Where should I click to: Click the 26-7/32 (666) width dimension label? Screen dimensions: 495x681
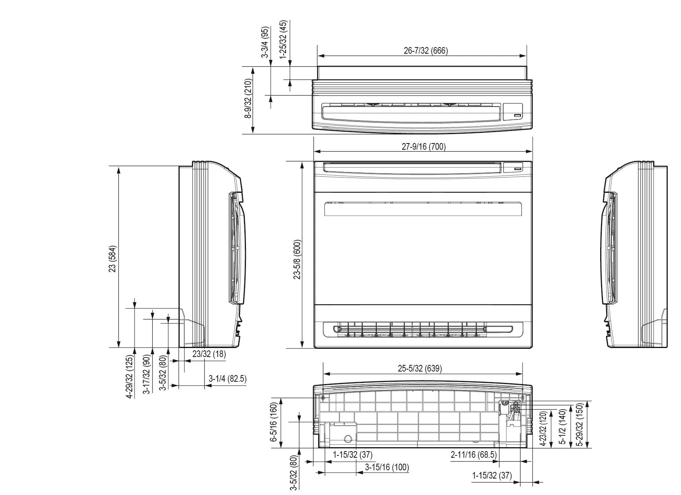[x=426, y=51]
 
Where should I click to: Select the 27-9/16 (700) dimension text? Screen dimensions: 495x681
[x=424, y=147]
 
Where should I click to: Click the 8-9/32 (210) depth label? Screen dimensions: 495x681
[x=248, y=100]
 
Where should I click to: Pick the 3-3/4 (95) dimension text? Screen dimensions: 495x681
[x=266, y=42]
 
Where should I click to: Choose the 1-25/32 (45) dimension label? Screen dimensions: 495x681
[x=283, y=39]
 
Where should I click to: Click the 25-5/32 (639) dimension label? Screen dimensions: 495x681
[x=420, y=369]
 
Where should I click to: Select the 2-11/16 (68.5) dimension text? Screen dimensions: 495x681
[x=473, y=455]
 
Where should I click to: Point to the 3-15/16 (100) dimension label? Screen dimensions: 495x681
[x=387, y=467]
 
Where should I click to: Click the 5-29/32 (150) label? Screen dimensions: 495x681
[x=579, y=424]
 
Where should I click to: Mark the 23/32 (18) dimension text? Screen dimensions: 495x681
[x=209, y=354]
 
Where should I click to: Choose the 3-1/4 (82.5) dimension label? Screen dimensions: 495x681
[x=228, y=379]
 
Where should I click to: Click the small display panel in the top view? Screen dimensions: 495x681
[x=513, y=111]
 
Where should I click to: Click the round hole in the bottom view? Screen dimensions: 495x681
[x=347, y=438]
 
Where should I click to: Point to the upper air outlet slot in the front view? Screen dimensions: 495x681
[x=423, y=209]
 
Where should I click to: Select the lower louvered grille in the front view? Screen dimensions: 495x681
[x=423, y=329]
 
